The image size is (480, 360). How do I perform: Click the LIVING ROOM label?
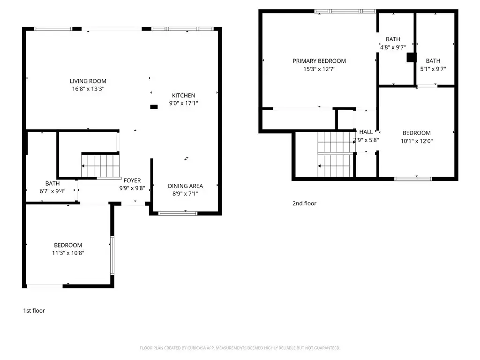coord(88,81)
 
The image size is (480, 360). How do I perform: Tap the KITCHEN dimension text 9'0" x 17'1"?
coord(184,103)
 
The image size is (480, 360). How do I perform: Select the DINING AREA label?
coord(186,186)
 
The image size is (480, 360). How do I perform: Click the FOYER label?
coord(132,180)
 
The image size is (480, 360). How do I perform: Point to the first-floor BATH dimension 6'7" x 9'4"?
coord(52,191)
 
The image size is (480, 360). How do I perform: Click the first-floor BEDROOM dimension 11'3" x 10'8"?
coord(68,253)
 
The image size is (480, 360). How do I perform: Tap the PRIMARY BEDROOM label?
coord(319,61)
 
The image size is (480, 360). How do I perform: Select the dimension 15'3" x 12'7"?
coord(319,69)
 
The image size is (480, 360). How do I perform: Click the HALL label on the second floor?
coord(366,132)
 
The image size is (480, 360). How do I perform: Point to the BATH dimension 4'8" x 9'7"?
coord(393,47)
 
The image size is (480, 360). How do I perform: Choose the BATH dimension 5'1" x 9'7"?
coord(433,69)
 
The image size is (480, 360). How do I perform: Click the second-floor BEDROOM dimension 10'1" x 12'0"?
coord(417,141)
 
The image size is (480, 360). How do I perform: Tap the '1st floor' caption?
coord(34,311)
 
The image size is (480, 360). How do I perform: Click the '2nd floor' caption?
coord(304,203)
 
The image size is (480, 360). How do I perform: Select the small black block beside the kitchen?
coord(154,107)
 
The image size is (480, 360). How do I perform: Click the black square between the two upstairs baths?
coord(412,58)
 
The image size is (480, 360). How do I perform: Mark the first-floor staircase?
coord(100,165)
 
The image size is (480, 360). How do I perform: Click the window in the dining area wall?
coord(178,213)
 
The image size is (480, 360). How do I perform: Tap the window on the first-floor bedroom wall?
coord(112,255)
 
